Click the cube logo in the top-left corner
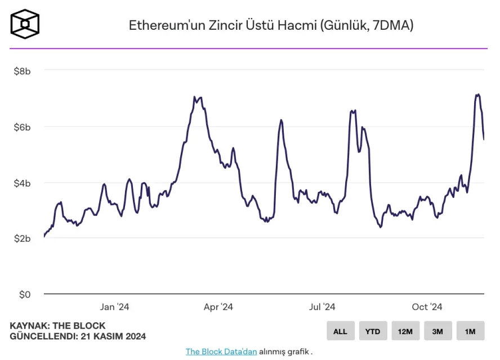25,24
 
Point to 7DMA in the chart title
389,25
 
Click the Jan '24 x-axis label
114,307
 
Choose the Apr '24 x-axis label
218,307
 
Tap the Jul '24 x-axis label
322,307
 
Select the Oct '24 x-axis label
427,307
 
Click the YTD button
373,331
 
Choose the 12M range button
405,331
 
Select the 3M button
438,331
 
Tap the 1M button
470,331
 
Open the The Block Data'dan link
221,352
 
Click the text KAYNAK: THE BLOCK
57,326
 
